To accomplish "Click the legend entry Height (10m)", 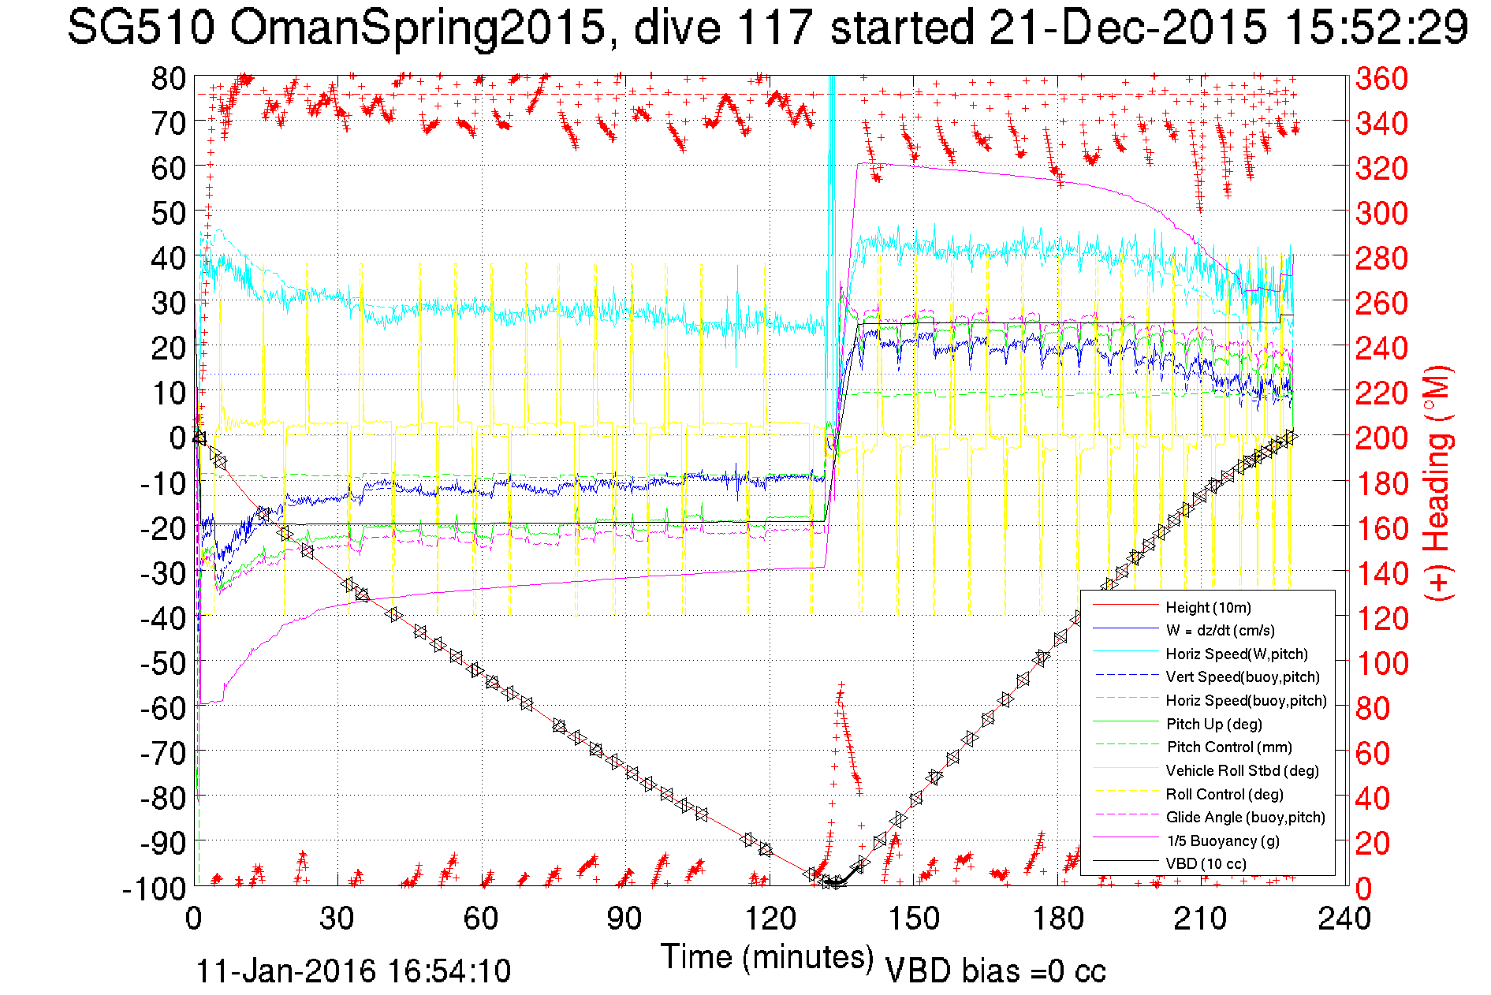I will pos(1208,607).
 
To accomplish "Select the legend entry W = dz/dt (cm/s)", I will pos(1220,630).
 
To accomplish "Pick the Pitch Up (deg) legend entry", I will pos(1213,724).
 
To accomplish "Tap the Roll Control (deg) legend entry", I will pos(1224,794).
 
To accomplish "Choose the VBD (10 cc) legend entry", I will pos(1206,863).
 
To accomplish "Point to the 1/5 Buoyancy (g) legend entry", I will pos(1223,840).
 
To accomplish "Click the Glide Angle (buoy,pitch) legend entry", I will pos(1246,817).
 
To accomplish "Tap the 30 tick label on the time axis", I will pos(337,919).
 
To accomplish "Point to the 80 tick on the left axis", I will pos(168,78).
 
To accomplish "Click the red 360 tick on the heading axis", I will pos(1381,78).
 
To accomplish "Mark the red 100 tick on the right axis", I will pos(1381,663).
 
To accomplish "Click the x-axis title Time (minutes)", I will pos(767,957).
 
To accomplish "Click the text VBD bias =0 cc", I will pos(995,971).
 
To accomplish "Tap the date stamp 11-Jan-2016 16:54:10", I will pos(353,971).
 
